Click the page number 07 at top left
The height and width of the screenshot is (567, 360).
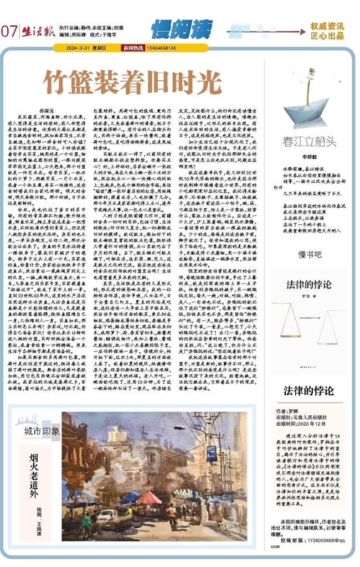(10, 31)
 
